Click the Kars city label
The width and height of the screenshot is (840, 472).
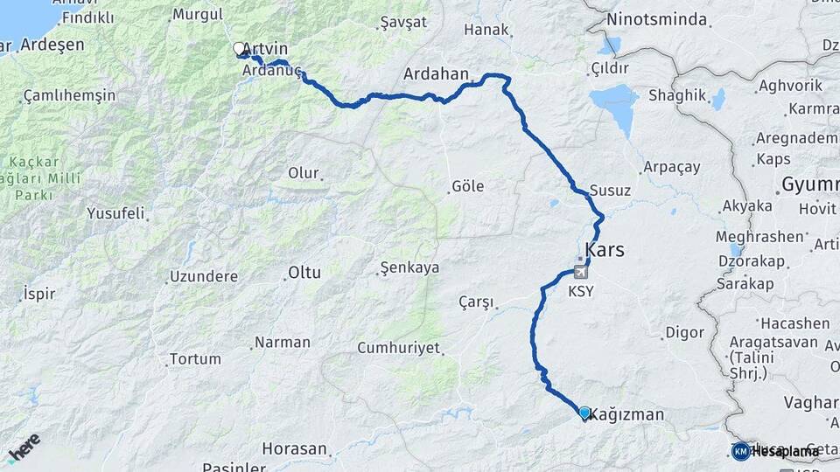pyautogui.click(x=605, y=250)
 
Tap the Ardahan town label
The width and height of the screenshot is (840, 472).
pyautogui.click(x=437, y=74)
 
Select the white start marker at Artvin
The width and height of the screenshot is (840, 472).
pyautogui.click(x=239, y=49)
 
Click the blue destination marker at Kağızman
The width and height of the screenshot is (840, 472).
pyautogui.click(x=584, y=412)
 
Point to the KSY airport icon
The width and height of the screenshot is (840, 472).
pyautogui.click(x=579, y=272)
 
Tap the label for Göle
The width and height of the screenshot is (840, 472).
pyautogui.click(x=467, y=186)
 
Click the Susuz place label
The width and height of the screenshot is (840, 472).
pyautogui.click(x=610, y=190)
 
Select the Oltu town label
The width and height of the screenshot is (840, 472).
pyautogui.click(x=304, y=273)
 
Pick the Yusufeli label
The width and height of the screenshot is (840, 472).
pyautogui.click(x=115, y=212)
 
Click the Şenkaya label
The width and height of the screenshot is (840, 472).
pyautogui.click(x=409, y=268)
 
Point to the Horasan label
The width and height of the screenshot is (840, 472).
pyautogui.click(x=297, y=449)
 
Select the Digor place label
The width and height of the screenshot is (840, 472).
pyautogui.click(x=684, y=332)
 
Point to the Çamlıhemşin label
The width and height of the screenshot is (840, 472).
pyautogui.click(x=69, y=95)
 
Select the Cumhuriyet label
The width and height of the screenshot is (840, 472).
pyautogui.click(x=398, y=348)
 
